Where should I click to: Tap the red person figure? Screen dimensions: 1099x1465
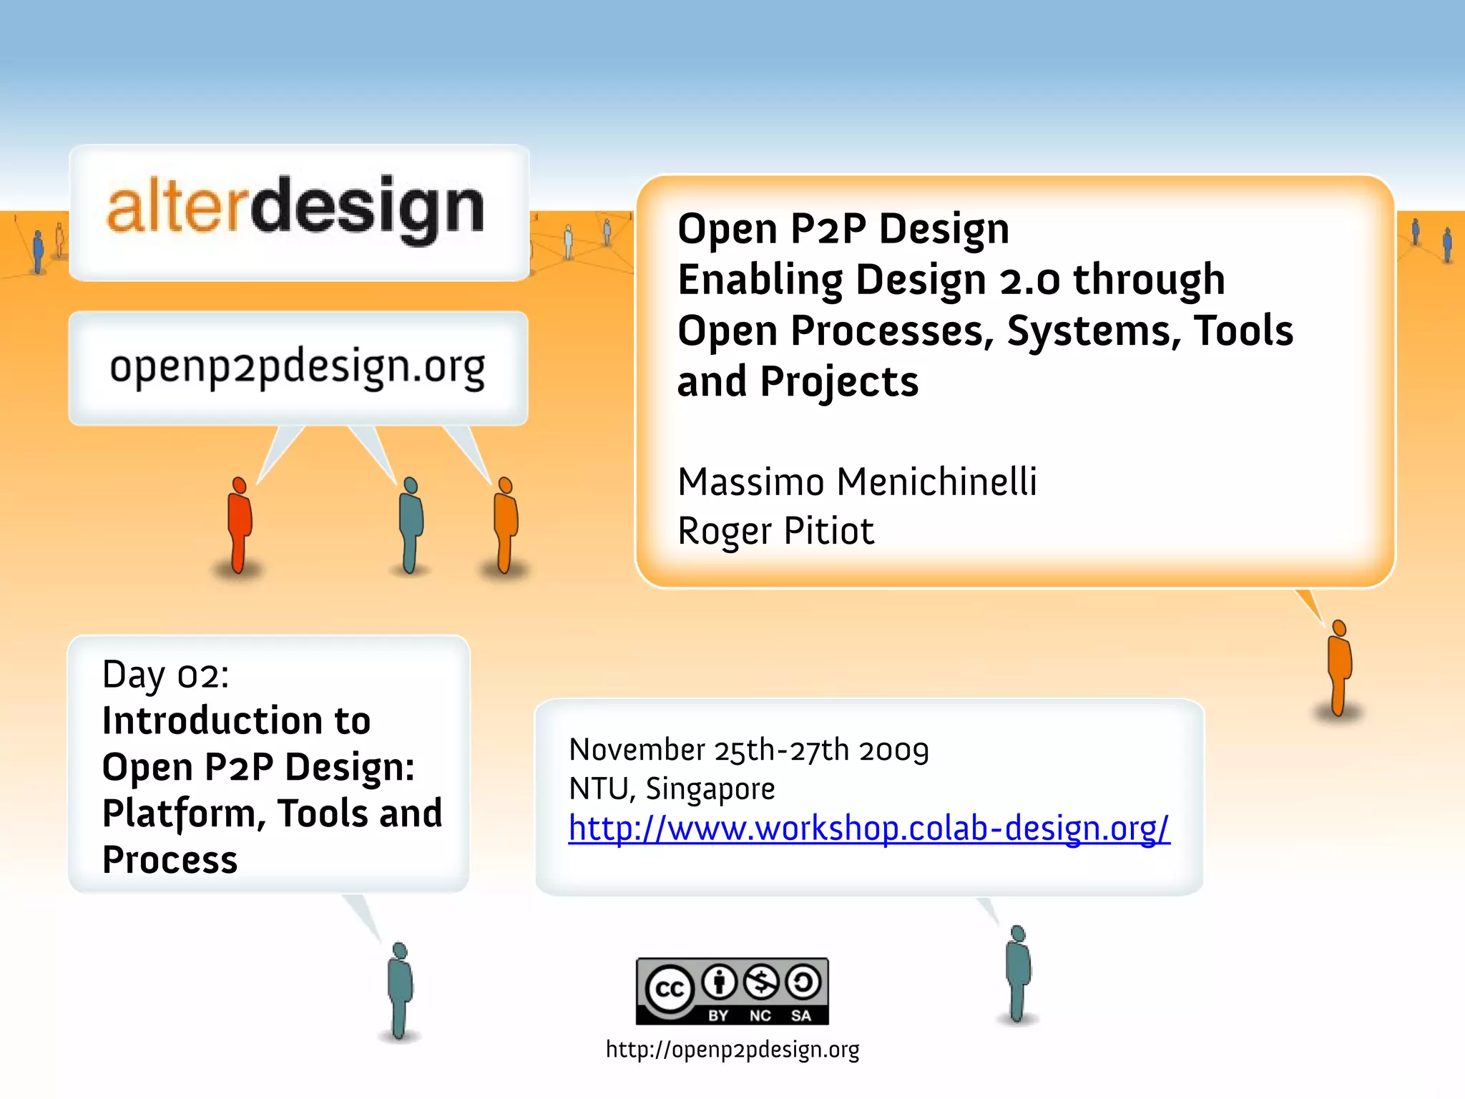239,526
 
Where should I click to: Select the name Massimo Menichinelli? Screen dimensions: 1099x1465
856,482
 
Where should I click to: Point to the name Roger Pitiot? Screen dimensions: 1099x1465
775,531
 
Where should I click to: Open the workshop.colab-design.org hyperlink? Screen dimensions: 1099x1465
868,829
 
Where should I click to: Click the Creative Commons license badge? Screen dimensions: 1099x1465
732,991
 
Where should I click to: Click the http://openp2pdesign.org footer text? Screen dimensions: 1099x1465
732,1050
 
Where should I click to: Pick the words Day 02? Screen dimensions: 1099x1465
166,675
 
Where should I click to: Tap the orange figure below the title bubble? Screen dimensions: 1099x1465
1339,668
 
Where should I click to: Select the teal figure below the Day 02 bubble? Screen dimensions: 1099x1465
400,990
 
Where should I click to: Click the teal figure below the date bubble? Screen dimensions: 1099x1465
1017,973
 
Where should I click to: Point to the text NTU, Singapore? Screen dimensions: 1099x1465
672,788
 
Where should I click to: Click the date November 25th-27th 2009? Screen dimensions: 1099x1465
748,750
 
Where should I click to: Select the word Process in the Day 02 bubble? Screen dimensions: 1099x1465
170,860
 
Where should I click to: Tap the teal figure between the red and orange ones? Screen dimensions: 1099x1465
410,525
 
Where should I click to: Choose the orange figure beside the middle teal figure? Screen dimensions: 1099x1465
506,525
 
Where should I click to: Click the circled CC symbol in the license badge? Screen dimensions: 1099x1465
670,989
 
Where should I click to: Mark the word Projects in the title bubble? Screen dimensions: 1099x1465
839,382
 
